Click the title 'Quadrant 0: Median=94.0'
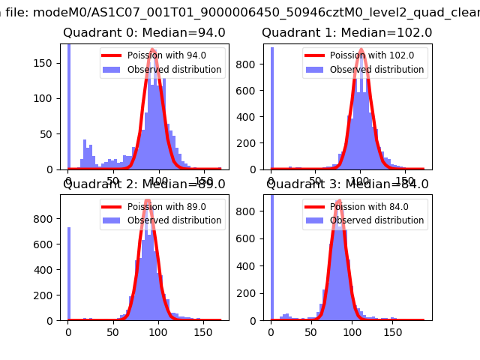click(x=144, y=33)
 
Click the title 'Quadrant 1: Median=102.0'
click(x=346, y=33)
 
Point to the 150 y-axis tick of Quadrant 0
click(x=52, y=62)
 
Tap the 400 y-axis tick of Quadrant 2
click(x=50, y=270)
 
